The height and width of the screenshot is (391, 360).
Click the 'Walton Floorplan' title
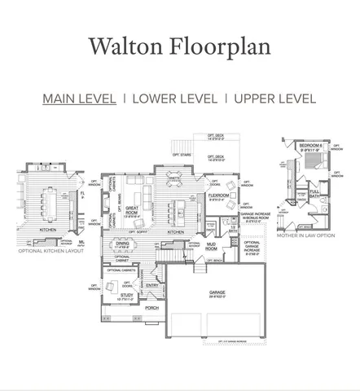(179, 46)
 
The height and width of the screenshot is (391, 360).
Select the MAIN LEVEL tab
(79, 99)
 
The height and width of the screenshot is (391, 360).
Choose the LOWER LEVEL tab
(174, 99)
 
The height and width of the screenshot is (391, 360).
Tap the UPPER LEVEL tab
(274, 99)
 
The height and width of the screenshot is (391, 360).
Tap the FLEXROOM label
(218, 195)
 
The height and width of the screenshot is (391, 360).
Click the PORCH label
(151, 309)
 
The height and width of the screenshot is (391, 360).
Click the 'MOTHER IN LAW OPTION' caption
(306, 235)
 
